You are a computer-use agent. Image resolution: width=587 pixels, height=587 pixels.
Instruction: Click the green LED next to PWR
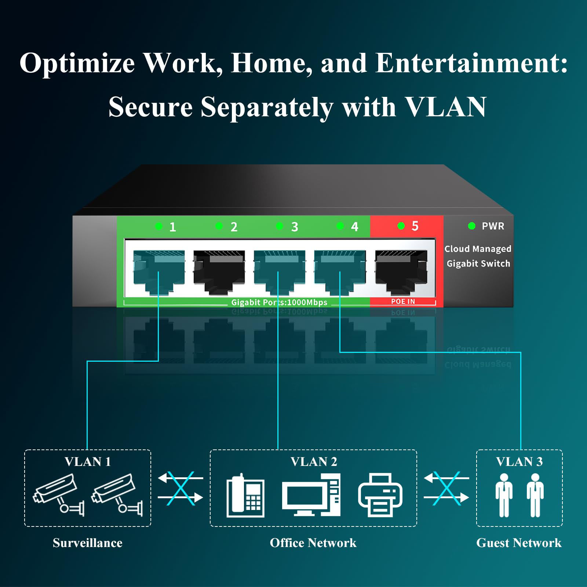[472, 226]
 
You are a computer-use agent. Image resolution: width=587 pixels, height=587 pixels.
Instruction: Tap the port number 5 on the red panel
[415, 226]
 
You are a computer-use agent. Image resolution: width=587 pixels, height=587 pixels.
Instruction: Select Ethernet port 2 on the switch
[219, 271]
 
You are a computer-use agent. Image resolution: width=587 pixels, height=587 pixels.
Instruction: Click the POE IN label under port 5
[403, 302]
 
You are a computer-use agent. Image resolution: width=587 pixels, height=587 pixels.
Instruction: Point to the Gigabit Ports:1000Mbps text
[279, 303]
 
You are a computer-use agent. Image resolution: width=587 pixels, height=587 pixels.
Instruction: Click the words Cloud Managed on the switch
[478, 249]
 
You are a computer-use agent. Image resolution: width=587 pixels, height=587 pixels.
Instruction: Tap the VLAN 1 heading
[88, 462]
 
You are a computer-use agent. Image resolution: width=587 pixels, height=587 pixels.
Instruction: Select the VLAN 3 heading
[519, 462]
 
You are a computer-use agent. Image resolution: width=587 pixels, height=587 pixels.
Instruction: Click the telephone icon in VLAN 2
[245, 495]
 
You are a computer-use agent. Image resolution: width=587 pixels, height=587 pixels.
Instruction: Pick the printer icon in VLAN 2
[380, 495]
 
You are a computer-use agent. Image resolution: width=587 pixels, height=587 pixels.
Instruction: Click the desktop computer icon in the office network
[311, 495]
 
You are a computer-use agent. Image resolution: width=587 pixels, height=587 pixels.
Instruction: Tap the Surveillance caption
[87, 543]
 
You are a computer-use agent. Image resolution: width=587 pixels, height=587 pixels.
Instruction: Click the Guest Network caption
[519, 543]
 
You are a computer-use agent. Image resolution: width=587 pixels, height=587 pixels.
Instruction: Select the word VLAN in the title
[446, 107]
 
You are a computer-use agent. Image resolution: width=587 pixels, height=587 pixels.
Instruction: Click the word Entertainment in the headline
[471, 63]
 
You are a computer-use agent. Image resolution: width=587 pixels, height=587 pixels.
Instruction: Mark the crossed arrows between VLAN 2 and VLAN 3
[446, 488]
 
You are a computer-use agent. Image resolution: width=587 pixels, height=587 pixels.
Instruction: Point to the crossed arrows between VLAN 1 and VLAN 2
[181, 488]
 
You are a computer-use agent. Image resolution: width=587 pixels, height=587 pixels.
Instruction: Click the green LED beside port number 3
[280, 226]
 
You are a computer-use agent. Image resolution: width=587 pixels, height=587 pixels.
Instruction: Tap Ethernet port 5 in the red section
[401, 271]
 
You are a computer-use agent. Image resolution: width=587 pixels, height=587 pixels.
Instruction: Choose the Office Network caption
[313, 543]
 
